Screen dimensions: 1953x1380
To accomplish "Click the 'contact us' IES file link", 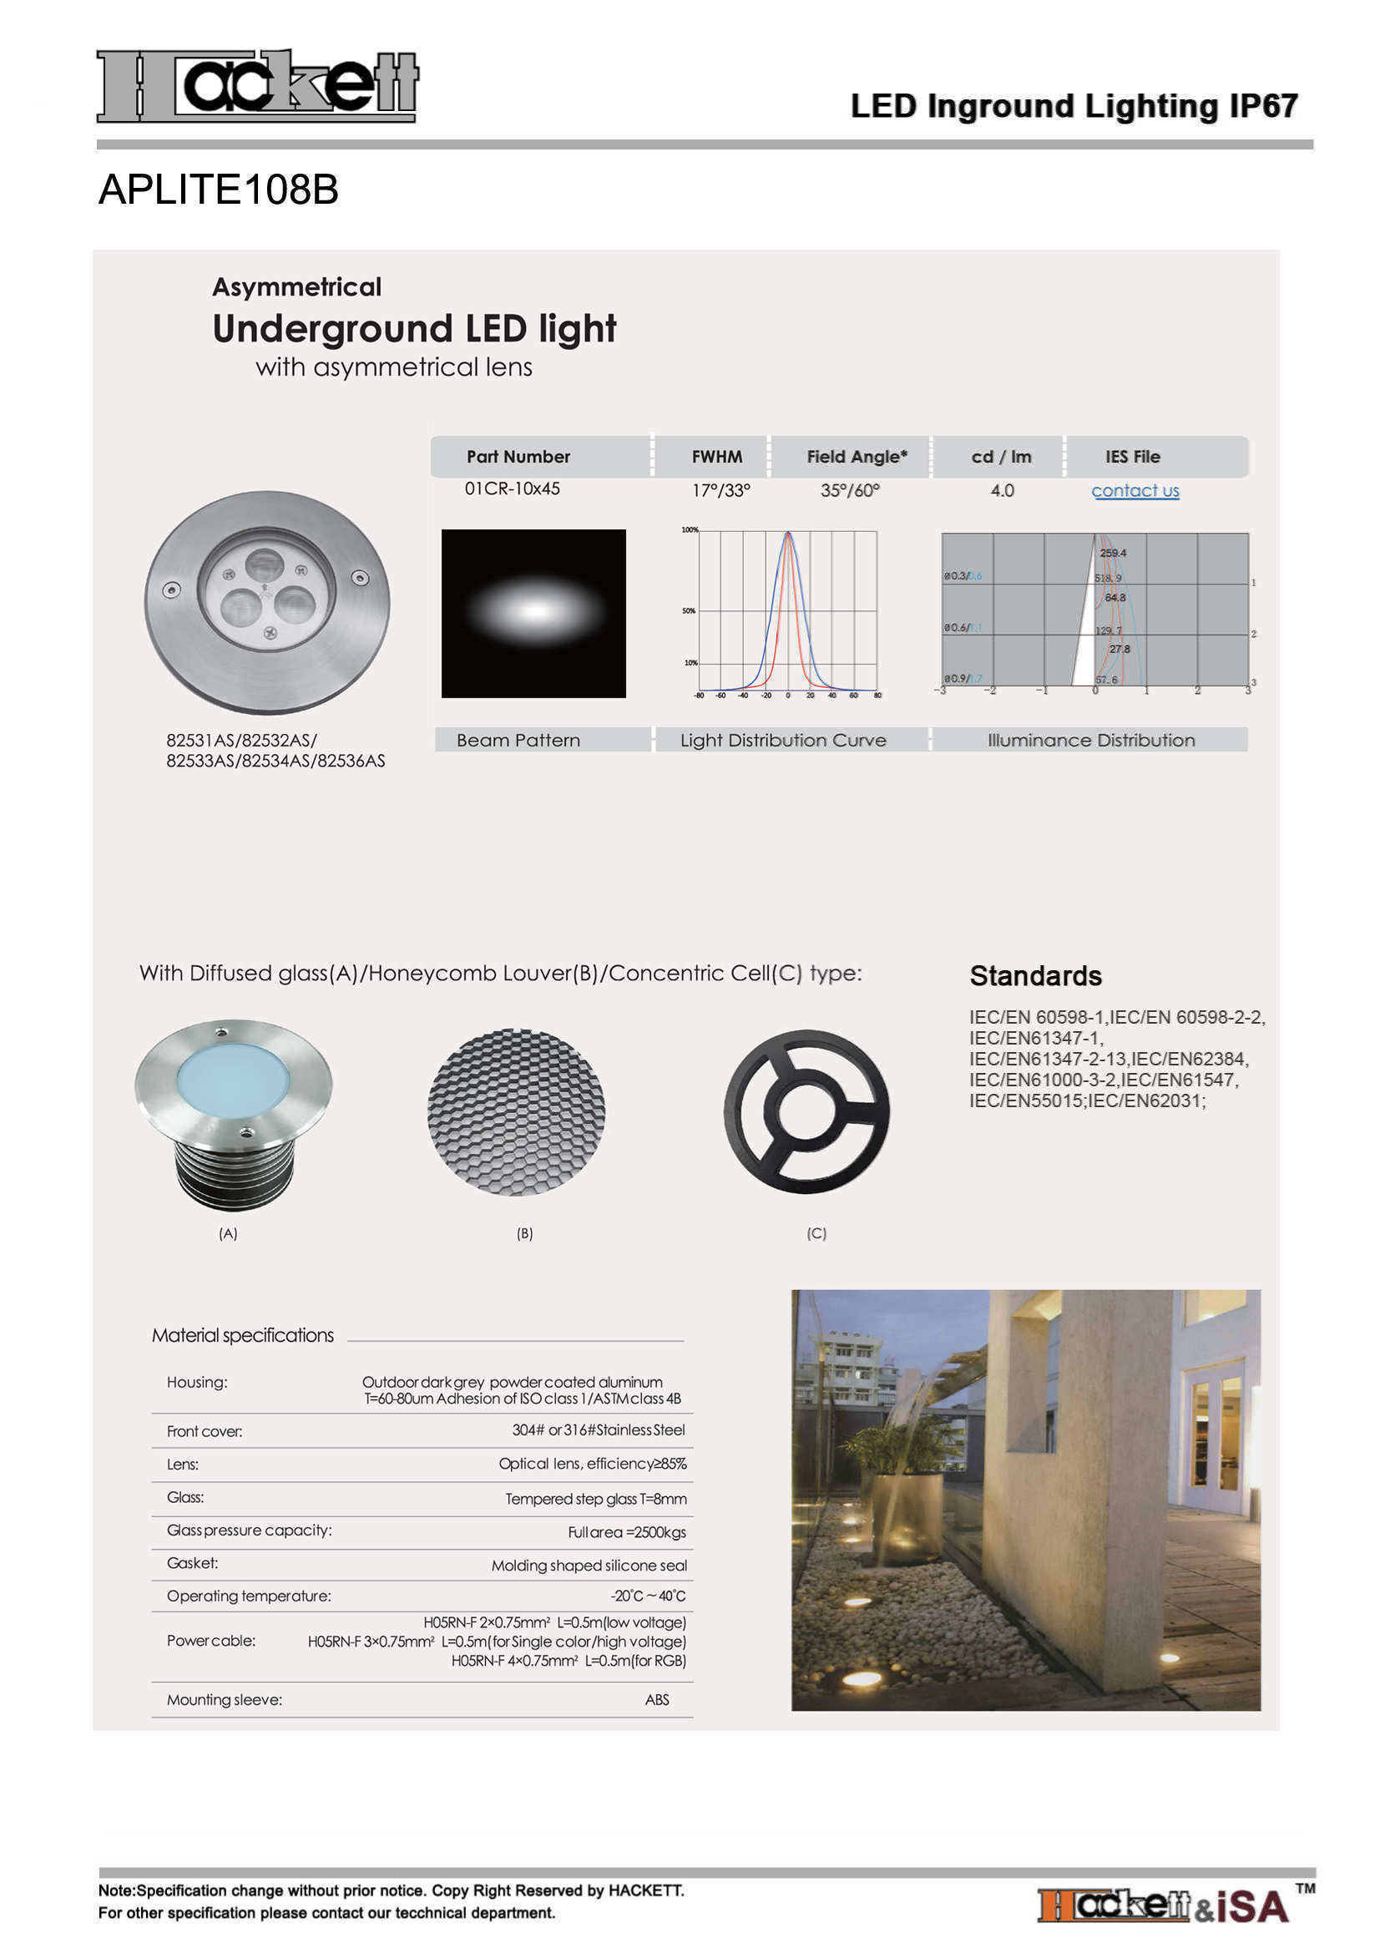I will click(1135, 491).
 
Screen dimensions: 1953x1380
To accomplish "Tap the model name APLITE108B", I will click(219, 190).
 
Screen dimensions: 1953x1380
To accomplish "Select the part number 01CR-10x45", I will click(512, 489).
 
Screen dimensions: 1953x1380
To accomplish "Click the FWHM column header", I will click(716, 457).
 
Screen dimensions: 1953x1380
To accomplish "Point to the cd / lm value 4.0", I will click(1002, 491).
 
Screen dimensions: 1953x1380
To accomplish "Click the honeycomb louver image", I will click(516, 1111).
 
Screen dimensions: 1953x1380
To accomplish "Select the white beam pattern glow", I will click(534, 610).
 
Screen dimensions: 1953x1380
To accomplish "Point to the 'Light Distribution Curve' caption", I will click(782, 740).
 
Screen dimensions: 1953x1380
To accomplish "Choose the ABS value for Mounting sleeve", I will click(656, 1699).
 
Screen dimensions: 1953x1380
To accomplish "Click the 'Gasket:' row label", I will click(192, 1563).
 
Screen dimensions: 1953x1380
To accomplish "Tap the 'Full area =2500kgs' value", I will click(627, 1532).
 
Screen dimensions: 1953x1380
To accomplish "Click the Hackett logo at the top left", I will click(257, 86).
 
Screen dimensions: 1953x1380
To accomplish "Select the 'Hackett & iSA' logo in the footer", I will click(1162, 1905).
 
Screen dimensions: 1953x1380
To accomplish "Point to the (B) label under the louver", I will click(524, 1233).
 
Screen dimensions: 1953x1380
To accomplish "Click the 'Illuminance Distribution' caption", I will click(1090, 740).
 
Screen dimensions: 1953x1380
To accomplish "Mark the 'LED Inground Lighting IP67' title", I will click(1073, 106).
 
